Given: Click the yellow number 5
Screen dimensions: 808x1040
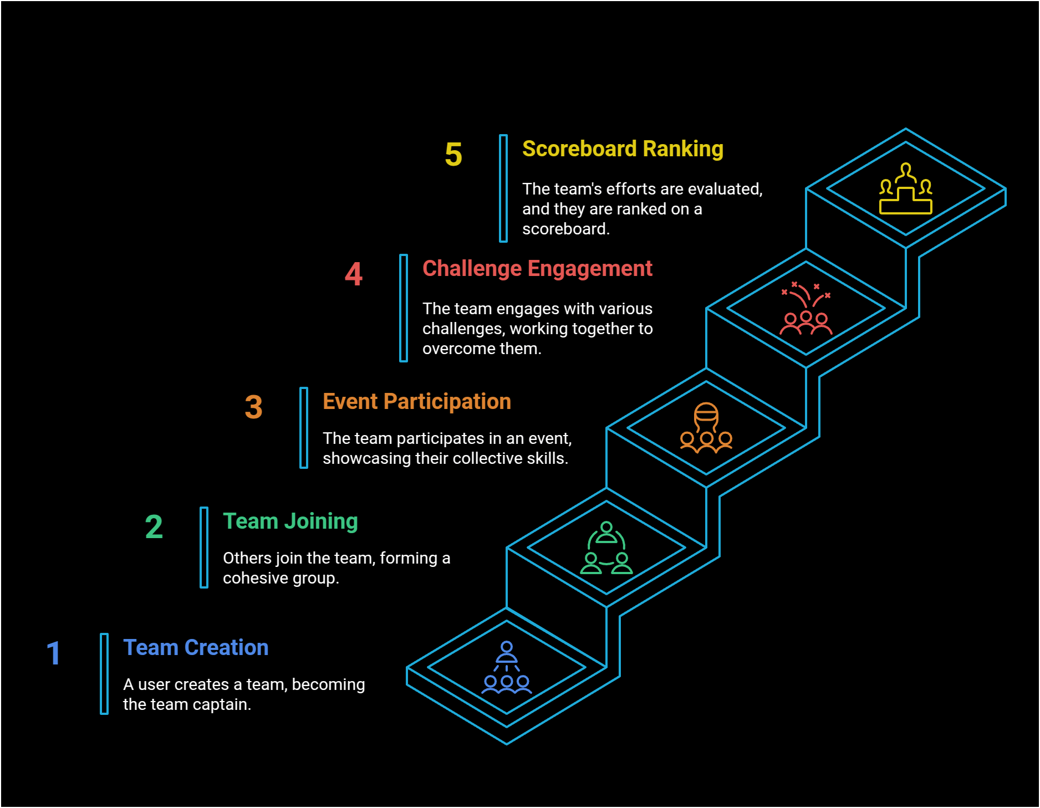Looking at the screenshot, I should [453, 154].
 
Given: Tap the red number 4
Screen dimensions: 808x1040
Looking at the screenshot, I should [354, 274].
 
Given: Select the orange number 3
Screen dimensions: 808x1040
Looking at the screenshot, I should [253, 407].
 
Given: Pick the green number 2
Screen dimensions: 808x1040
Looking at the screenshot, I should [154, 526].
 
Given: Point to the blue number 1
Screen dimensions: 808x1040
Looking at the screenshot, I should [53, 653].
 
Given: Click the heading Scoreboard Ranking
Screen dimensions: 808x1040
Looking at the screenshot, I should [623, 149].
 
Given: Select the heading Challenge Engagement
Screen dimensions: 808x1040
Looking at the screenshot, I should [537, 269].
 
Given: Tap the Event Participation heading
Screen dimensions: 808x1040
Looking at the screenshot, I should [417, 402].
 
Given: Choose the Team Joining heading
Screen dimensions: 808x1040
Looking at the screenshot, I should [290, 521].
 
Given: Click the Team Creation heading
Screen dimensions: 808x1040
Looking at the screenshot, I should [196, 648].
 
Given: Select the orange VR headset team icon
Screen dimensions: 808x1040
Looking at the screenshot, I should [706, 428].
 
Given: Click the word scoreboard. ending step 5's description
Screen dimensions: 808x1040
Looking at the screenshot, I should [565, 229].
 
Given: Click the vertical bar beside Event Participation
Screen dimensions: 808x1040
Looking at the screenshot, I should [304, 428].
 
